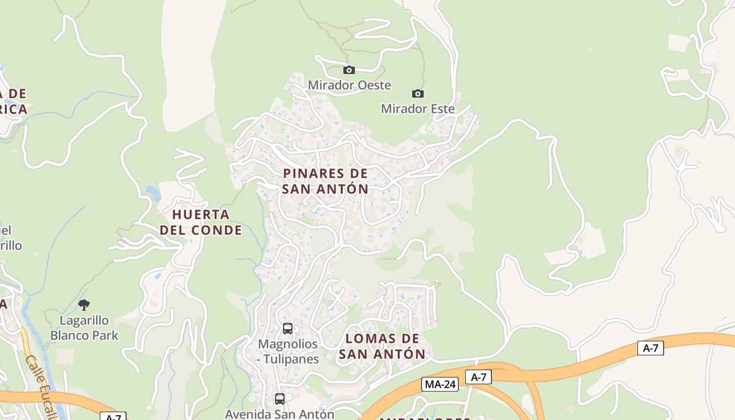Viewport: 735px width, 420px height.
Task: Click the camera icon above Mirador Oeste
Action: pyautogui.click(x=349, y=70)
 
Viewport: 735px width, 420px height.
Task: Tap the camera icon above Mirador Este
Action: pyautogui.click(x=417, y=93)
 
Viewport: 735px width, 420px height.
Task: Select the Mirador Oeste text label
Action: pyautogui.click(x=349, y=85)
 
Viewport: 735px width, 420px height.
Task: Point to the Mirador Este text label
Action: pyautogui.click(x=417, y=109)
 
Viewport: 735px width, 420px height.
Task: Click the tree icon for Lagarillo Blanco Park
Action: pyautogui.click(x=84, y=304)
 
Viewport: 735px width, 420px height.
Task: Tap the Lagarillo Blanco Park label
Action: pyautogui.click(x=84, y=328)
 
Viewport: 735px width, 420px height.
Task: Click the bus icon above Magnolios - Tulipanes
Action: pyautogui.click(x=288, y=329)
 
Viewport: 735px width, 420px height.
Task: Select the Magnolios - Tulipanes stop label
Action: pyautogui.click(x=288, y=351)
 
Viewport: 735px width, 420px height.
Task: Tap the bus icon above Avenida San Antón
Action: pyautogui.click(x=280, y=398)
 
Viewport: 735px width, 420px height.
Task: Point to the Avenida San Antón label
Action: pyautogui.click(x=279, y=414)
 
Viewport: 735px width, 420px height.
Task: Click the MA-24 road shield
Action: pyautogui.click(x=439, y=384)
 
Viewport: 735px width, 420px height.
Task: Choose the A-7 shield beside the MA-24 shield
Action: pyautogui.click(x=478, y=377)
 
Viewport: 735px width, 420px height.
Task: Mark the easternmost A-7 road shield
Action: pyautogui.click(x=650, y=348)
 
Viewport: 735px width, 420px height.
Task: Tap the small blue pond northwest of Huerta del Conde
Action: pyautogui.click(x=153, y=193)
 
